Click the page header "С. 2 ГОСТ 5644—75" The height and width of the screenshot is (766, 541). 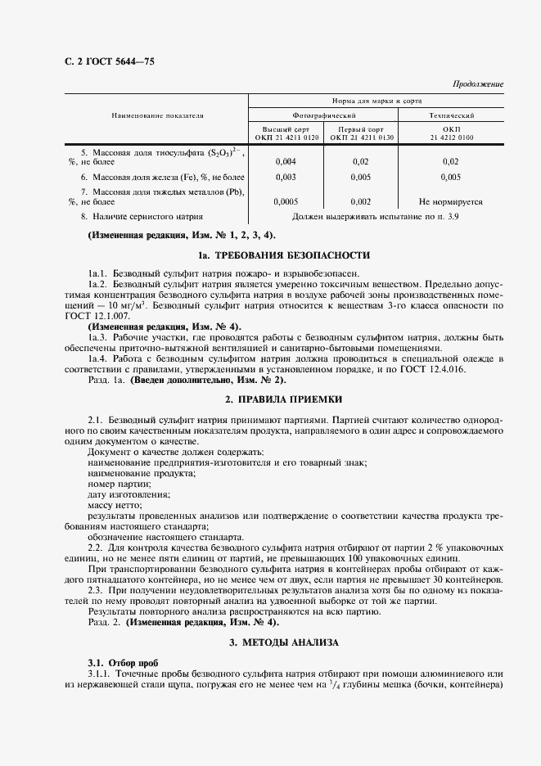[109, 63]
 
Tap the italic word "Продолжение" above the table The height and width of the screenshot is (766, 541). [478, 84]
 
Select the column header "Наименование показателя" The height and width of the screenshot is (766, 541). [157, 116]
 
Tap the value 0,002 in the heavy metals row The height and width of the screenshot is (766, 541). [360, 201]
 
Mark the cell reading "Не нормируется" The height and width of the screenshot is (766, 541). [450, 201]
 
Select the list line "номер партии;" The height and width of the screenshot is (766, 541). [114, 484]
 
